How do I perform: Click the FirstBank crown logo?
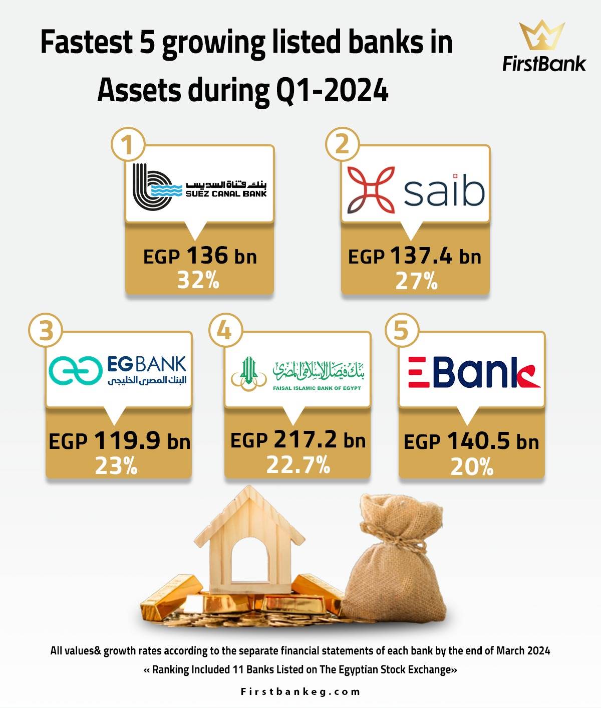(541, 35)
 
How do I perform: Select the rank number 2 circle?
(342, 144)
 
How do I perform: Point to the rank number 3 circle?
(46, 331)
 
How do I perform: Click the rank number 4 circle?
(225, 331)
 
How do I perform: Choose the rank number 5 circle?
(402, 331)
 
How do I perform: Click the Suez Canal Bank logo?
(199, 187)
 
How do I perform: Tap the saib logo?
(416, 190)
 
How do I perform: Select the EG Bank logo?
(118, 371)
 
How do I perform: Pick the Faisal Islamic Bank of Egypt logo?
(297, 373)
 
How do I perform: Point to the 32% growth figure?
(198, 280)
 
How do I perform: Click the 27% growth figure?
(416, 281)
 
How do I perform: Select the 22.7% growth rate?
(298, 464)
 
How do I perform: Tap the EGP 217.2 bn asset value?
(298, 439)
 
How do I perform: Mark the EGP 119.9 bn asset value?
(119, 440)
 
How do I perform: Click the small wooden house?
(249, 540)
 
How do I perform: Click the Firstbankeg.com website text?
(300, 691)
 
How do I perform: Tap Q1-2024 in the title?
(332, 90)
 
